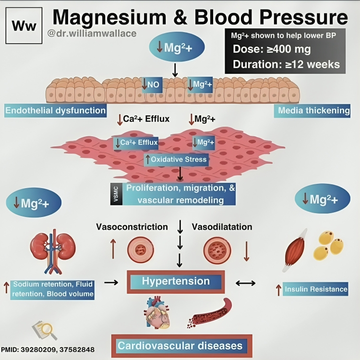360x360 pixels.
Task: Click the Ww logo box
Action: click(24, 24)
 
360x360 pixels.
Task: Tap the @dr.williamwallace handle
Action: click(92, 34)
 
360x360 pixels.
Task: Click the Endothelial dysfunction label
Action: click(55, 111)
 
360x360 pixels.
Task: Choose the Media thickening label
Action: click(314, 111)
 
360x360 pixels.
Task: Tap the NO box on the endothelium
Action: click(152, 84)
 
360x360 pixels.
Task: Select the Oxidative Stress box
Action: click(176, 159)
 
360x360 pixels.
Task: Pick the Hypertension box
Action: click(176, 281)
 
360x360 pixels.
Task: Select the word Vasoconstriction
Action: click(132, 227)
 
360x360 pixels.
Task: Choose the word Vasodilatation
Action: click(222, 227)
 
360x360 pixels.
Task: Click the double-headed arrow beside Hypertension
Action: click(246, 283)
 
